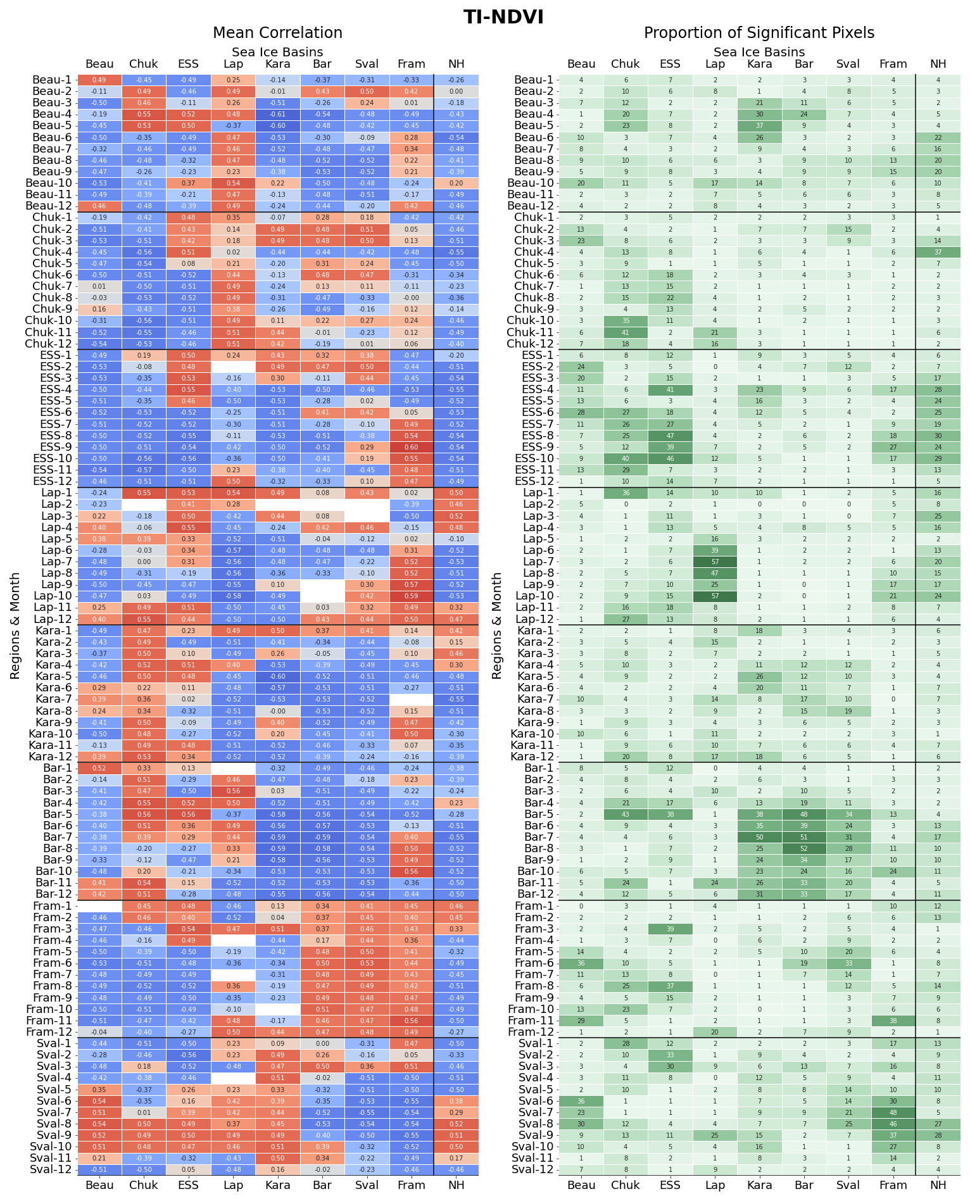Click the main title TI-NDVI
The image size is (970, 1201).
503,17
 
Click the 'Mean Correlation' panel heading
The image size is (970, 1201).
277,33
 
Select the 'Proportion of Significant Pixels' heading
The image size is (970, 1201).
759,33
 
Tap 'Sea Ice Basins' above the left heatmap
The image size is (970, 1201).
277,52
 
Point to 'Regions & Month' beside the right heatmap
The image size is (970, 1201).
497,626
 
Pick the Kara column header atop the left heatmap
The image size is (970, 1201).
277,64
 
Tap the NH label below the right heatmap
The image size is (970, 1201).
938,1185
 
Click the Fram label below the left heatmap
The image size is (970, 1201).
412,1185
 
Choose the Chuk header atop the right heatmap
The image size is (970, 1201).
626,64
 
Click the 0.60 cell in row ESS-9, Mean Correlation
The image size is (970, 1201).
412,447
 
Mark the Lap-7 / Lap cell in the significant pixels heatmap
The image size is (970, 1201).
715,562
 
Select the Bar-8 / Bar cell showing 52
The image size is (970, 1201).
804,848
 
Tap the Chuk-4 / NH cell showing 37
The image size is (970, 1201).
938,252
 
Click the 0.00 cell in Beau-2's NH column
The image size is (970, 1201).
456,91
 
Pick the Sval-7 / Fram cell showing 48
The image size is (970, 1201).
893,1112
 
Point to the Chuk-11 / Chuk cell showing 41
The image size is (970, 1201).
626,332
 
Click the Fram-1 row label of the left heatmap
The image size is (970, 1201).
51,906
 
